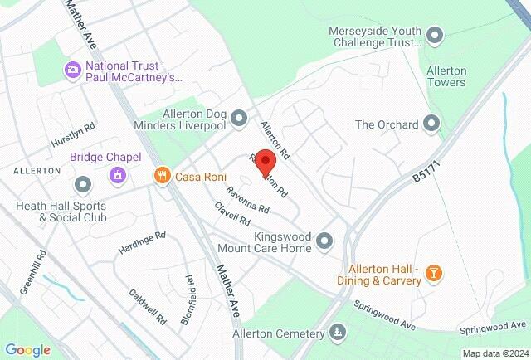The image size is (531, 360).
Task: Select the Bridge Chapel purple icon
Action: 118,174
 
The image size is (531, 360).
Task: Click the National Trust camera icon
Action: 72,69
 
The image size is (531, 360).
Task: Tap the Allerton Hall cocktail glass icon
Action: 432,273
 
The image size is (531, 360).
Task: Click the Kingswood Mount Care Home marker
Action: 324,241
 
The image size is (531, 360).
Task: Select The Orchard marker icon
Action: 431,124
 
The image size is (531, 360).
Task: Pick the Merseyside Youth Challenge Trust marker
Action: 436,35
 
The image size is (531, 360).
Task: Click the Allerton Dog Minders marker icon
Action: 239,118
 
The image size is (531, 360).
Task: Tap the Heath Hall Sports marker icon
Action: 82,183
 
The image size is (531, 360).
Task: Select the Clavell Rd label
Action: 232,215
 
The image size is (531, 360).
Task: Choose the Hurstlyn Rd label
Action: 73,134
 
